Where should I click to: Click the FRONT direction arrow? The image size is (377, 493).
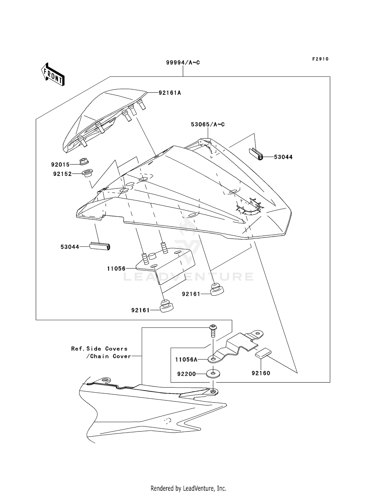(x=53, y=75)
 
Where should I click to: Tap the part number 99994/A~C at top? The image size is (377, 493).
(x=183, y=63)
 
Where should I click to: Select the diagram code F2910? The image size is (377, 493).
(x=320, y=59)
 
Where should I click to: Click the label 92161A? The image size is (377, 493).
(x=170, y=93)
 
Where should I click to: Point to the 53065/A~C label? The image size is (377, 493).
(x=208, y=124)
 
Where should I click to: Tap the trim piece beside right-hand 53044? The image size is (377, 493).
(x=256, y=154)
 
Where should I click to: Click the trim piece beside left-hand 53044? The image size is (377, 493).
(x=100, y=246)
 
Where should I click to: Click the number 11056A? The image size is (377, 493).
(x=186, y=360)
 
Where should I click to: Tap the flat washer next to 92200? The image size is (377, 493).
(x=213, y=373)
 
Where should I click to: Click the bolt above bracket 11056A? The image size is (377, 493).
(x=213, y=331)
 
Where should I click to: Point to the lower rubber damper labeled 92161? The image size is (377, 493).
(x=166, y=306)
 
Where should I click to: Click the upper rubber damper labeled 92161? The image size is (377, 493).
(x=216, y=289)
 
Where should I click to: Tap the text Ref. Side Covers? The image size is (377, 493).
(x=99, y=349)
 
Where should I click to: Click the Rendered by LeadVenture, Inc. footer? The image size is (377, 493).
(x=188, y=488)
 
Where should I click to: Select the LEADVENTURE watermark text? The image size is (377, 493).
(x=188, y=277)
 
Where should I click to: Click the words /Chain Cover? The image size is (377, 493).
(x=109, y=356)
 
